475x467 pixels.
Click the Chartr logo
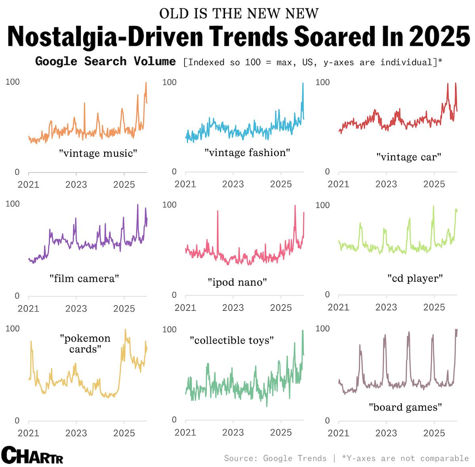click(32, 455)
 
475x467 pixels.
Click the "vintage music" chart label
click(98, 153)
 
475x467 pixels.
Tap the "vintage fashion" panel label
click(247, 153)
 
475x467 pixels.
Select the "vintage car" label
click(408, 157)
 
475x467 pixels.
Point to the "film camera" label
click(84, 279)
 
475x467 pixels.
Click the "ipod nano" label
click(237, 282)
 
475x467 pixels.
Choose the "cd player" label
click(415, 278)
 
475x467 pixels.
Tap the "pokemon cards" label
click(85, 344)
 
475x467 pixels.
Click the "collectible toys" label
click(232, 340)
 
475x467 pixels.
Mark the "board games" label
click(405, 407)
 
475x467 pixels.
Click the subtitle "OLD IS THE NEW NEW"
click(238, 13)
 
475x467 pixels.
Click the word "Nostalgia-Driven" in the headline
click(105, 37)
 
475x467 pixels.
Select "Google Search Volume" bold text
click(105, 61)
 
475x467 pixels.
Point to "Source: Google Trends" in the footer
click(275, 458)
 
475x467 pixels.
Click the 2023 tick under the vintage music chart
click(76, 184)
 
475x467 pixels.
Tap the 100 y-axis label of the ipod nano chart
click(169, 205)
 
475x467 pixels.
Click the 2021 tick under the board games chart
click(338, 432)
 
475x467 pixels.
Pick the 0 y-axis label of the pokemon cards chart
click(17, 421)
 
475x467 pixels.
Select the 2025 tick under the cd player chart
click(434, 307)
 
